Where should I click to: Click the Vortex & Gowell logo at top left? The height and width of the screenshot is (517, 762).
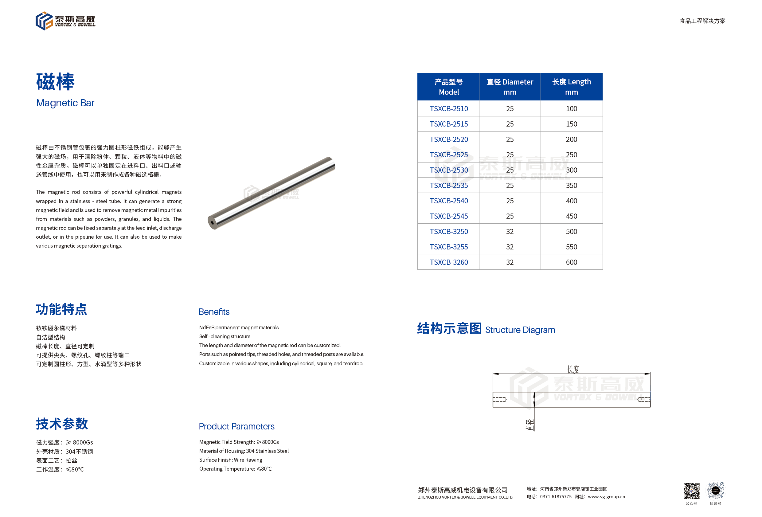(65, 21)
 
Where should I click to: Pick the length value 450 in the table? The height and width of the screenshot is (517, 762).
(571, 216)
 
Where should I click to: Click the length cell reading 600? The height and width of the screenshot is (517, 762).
(571, 262)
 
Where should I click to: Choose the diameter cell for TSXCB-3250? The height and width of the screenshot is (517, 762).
(510, 232)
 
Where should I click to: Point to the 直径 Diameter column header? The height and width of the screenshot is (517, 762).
(510, 87)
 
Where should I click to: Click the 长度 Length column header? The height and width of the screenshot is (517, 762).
(571, 87)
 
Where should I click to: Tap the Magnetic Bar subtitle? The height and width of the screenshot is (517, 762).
(65, 103)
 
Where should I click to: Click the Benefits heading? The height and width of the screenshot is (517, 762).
(214, 311)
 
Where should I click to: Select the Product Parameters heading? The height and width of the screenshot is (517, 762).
(236, 426)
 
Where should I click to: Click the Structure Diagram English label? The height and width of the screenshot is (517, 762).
(520, 330)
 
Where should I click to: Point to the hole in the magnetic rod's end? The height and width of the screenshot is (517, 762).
(213, 223)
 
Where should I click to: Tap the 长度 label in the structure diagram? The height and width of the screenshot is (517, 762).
(573, 369)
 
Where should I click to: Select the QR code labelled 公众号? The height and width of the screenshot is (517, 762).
(691, 491)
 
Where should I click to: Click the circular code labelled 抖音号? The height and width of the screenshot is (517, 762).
(715, 491)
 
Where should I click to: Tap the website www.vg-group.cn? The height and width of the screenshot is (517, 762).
(606, 497)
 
